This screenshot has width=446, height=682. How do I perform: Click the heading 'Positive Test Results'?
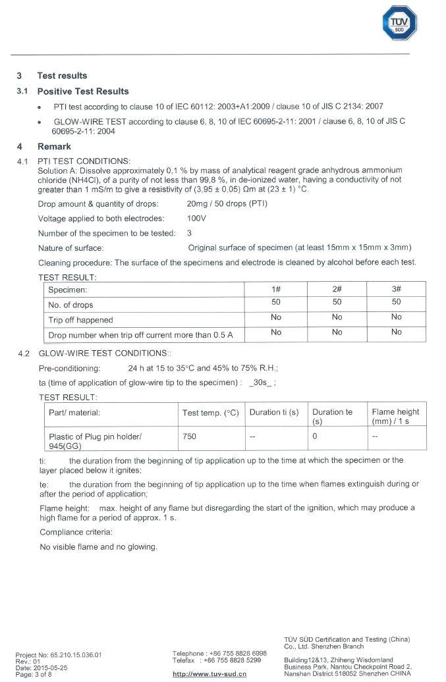pyautogui.click(x=83, y=92)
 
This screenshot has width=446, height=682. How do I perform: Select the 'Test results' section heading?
pyautogui.click(x=62, y=76)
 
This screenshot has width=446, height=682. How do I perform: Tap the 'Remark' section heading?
pyautogui.click(x=54, y=146)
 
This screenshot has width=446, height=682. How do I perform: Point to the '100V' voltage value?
pyautogui.click(x=197, y=218)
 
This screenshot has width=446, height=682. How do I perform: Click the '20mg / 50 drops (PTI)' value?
pyautogui.click(x=227, y=203)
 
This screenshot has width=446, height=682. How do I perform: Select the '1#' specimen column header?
pyautogui.click(x=276, y=289)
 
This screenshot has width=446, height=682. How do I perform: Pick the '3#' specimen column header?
pyautogui.click(x=396, y=289)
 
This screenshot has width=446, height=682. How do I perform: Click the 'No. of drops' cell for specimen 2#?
pyautogui.click(x=337, y=302)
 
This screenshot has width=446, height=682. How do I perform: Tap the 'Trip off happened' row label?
pyautogui.click(x=80, y=320)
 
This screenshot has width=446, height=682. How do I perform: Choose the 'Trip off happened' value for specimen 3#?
pyautogui.click(x=396, y=317)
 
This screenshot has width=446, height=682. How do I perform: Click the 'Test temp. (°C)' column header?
pyautogui.click(x=210, y=413)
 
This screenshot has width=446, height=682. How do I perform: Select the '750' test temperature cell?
pyautogui.click(x=189, y=436)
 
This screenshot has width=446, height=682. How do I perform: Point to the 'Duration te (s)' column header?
pyautogui.click(x=332, y=416)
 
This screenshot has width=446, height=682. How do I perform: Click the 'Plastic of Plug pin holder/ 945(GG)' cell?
pyautogui.click(x=95, y=441)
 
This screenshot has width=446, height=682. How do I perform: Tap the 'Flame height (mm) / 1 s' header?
pyautogui.click(x=395, y=416)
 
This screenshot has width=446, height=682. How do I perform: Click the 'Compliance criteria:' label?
pyautogui.click(x=74, y=532)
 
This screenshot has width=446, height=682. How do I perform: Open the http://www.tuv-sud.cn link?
pyautogui.click(x=209, y=674)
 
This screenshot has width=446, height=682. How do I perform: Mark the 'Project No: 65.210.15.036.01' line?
pyautogui.click(x=59, y=655)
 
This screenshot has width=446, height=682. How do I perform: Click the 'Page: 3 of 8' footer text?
pyautogui.click(x=33, y=675)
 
